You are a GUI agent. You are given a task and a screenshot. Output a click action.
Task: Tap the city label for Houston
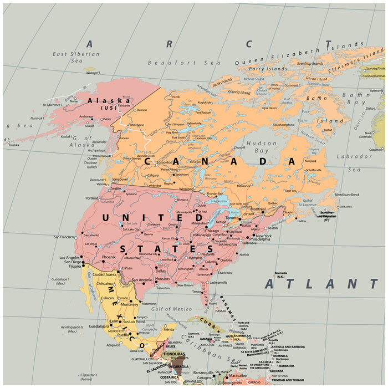(x=162, y=279)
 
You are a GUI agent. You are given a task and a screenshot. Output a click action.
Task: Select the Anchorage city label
(x=86, y=116)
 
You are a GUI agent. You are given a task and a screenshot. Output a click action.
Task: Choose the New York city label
(x=263, y=236)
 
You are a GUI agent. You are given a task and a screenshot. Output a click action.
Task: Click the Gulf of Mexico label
(x=167, y=309)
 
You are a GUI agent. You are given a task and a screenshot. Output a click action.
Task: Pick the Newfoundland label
(x=347, y=195)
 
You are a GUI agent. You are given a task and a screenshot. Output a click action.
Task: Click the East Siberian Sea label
(x=76, y=57)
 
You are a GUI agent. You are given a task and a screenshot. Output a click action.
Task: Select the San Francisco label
(x=64, y=237)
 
